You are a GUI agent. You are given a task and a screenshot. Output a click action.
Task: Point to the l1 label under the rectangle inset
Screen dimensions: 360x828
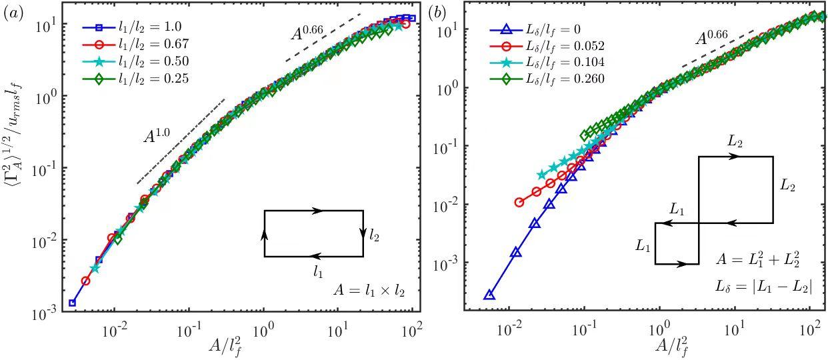319,271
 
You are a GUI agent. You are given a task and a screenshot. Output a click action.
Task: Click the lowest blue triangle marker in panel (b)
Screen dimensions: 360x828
489,295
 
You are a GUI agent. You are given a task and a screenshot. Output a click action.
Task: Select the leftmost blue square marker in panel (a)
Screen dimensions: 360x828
73,303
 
